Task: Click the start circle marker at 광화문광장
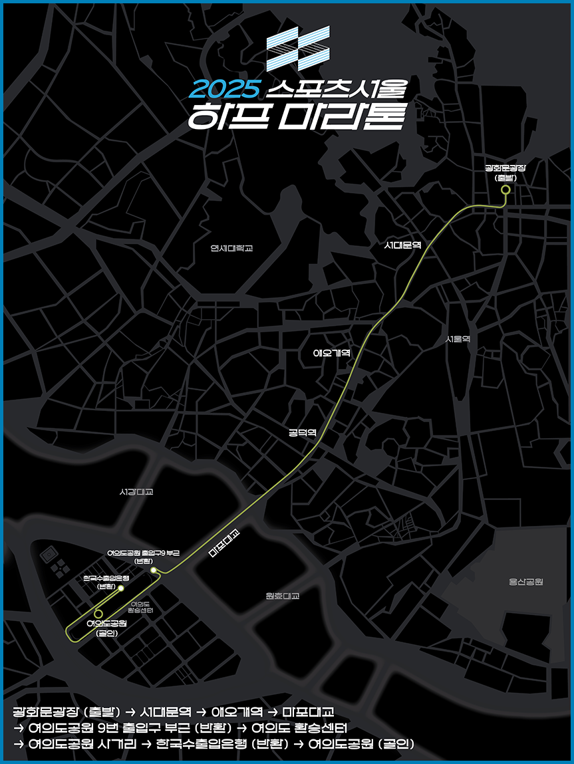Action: [505, 190]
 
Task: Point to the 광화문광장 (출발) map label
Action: [505, 173]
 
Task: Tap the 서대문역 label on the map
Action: [403, 245]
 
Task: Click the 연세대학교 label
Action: [231, 248]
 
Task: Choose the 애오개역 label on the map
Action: [331, 352]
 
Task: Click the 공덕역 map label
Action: [302, 432]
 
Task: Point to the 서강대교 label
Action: [136, 492]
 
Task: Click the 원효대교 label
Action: [282, 596]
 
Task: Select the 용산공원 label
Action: [526, 582]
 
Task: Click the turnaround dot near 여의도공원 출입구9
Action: [154, 571]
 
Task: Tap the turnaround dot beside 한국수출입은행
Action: [121, 588]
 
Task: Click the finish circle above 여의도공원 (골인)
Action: [98, 612]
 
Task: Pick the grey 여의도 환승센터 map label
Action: [140, 606]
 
